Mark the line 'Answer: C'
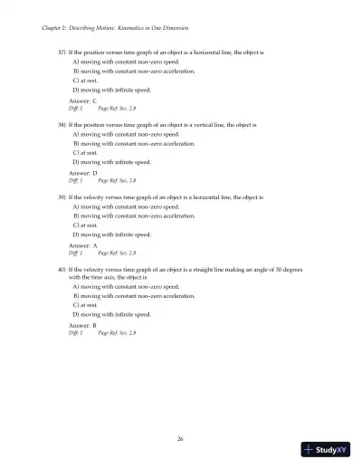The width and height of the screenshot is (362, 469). click(x=83, y=101)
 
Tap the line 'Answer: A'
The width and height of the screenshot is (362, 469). click(x=83, y=245)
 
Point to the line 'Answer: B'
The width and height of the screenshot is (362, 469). click(x=83, y=325)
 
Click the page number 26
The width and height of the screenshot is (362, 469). click(x=181, y=439)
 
